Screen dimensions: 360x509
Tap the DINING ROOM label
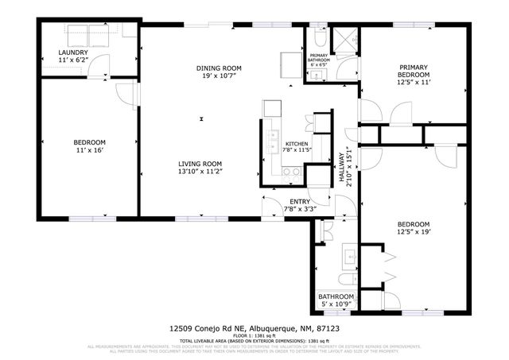pos(220,68)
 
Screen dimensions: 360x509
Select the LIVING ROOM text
pos(200,163)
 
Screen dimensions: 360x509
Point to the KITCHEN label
pos(296,144)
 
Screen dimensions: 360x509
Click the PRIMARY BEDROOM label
pos(414,68)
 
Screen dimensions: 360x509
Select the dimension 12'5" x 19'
pos(414,232)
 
